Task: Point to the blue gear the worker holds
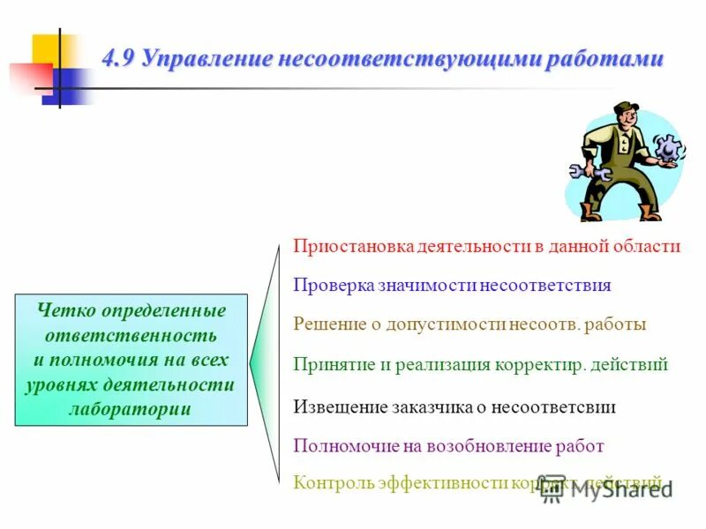[x=669, y=147]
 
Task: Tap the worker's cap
[x=625, y=108]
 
